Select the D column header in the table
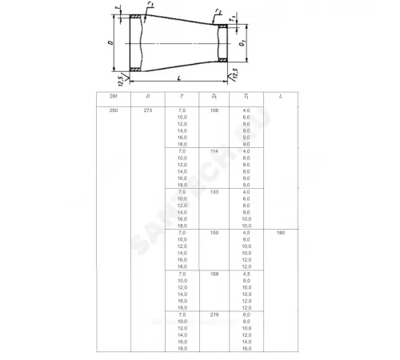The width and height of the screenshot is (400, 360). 147,96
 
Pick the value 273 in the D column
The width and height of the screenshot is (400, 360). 147,109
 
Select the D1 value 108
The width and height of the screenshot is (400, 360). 214,109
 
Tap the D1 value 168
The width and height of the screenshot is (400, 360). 214,274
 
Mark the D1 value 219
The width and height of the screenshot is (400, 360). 214,314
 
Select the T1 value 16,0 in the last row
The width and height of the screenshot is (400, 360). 246,348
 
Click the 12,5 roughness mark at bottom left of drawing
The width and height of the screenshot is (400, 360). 122,80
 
